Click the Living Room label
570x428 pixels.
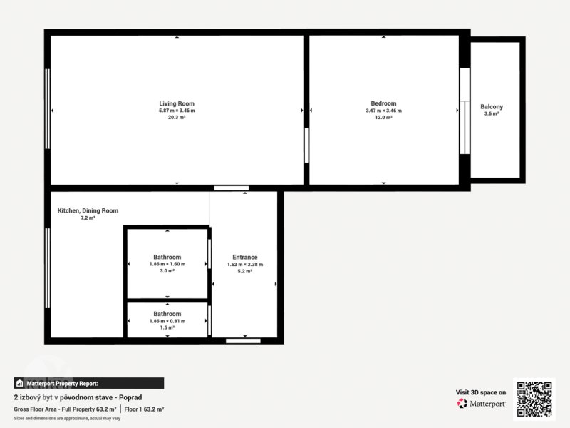pyautogui.click(x=177, y=103)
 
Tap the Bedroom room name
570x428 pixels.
pyautogui.click(x=383, y=103)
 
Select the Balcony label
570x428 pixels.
pyautogui.click(x=492, y=106)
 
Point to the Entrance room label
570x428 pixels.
pyautogui.click(x=245, y=258)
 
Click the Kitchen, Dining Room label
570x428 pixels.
pyautogui.click(x=88, y=210)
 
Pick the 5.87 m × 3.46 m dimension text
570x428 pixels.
pyautogui.click(x=177, y=111)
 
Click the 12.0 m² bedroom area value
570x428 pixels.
pyautogui.click(x=383, y=118)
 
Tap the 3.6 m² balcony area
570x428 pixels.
pyautogui.click(x=492, y=113)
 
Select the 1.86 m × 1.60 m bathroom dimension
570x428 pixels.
pyautogui.click(x=167, y=264)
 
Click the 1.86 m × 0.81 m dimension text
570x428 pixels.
pyautogui.click(x=167, y=322)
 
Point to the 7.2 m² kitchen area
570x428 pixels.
pyautogui.click(x=88, y=218)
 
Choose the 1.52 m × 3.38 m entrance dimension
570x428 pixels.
pyautogui.click(x=245, y=265)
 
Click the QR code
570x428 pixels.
pyautogui.click(x=534, y=399)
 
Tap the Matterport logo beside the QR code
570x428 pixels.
pyautogui.click(x=481, y=404)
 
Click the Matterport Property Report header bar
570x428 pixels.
pyautogui.click(x=88, y=383)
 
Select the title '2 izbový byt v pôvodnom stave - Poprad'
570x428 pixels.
pyautogui.click(x=78, y=397)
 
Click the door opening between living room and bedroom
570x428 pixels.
pyautogui.click(x=306, y=146)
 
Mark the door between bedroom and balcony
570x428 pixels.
pyautogui.click(x=465, y=111)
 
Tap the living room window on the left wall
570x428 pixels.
pyautogui.click(x=47, y=109)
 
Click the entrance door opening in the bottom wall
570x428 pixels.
pyautogui.click(x=243, y=341)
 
